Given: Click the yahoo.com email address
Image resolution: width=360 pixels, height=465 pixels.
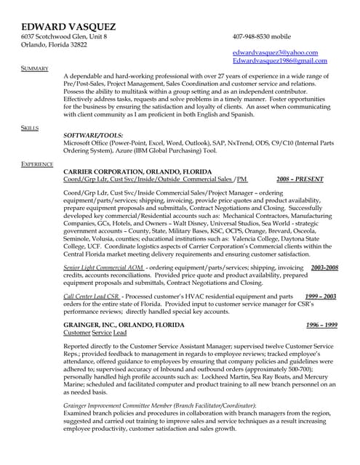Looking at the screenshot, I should tap(275, 52).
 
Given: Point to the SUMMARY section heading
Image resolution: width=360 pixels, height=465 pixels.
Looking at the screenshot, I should tap(34, 68).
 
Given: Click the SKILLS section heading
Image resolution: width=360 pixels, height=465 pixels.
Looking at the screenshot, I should tap(30, 127).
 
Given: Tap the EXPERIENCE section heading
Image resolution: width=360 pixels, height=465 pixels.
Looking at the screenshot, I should tap(37, 164).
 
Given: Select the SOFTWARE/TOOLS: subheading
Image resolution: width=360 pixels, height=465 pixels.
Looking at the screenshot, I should tap(93, 135).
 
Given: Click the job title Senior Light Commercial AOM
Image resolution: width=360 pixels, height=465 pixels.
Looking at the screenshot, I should tap(103, 268).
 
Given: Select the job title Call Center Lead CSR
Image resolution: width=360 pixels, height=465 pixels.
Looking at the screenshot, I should tap(92, 297).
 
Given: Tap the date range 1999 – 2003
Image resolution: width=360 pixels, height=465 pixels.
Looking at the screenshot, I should tap(321, 297).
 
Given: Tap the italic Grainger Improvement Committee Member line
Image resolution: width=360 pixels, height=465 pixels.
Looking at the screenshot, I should tap(160, 405).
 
